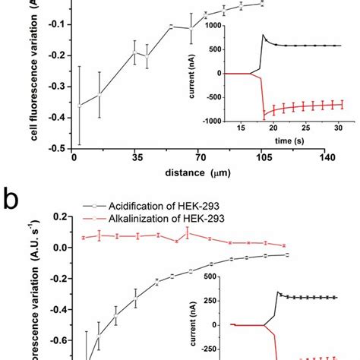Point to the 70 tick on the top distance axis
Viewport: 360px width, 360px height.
coord(201,159)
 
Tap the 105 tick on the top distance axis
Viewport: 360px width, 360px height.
coord(263,159)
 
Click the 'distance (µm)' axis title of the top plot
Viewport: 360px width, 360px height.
coord(200,172)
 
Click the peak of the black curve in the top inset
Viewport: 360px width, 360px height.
coord(264,35)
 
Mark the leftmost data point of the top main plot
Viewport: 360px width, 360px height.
coord(73,106)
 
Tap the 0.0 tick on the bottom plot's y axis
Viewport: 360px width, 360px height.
coord(55,248)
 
